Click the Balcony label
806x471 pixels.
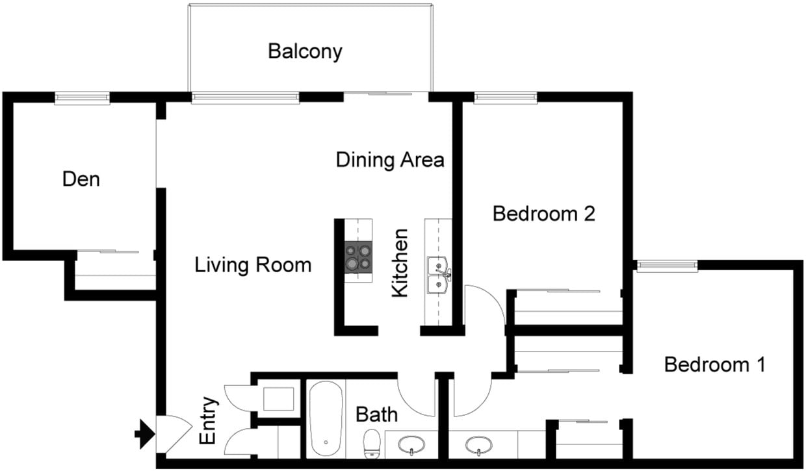click(x=305, y=51)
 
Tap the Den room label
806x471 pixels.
click(x=81, y=179)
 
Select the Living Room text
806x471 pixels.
click(x=253, y=265)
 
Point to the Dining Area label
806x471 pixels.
click(x=390, y=160)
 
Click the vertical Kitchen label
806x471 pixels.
click(x=400, y=263)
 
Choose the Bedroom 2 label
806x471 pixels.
click(x=544, y=213)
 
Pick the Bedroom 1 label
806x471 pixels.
click(x=714, y=364)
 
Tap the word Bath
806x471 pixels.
click(x=377, y=414)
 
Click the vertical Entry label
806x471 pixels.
click(x=207, y=420)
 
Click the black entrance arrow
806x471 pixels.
click(x=144, y=431)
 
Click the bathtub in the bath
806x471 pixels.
click(x=325, y=419)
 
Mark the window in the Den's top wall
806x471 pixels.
click(x=82, y=98)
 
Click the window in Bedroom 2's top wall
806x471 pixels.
click(x=506, y=98)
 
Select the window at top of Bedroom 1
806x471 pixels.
click(x=666, y=265)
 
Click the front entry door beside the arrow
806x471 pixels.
click(x=173, y=432)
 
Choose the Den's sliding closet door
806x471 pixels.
click(x=114, y=252)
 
